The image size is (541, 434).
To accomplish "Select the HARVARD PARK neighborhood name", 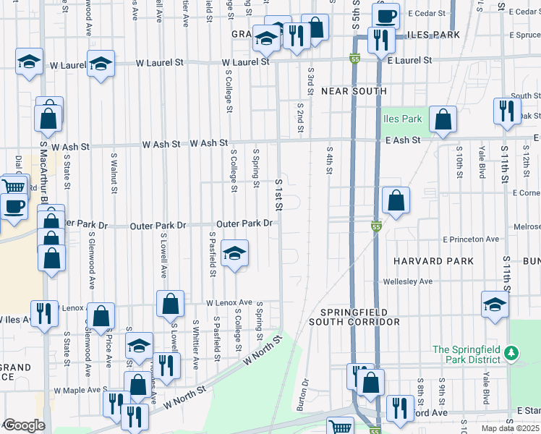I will [x=433, y=260].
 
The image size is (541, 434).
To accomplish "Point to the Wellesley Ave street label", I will [x=408, y=281].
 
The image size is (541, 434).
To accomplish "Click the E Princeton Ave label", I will [x=471, y=239].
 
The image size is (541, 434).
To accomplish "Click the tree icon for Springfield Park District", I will [x=512, y=352].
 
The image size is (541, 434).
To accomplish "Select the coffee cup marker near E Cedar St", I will [x=386, y=15].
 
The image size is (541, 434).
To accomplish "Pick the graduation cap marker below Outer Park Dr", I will [x=234, y=254].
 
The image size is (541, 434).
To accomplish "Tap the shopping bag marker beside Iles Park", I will [x=443, y=119].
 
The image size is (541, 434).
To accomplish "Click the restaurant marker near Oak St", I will [x=507, y=111].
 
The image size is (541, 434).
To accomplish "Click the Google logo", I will [x=24, y=425].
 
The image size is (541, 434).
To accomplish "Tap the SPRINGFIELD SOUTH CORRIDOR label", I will [x=354, y=316].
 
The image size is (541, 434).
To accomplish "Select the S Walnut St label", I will [x=114, y=173].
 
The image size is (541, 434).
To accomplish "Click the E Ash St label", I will [x=402, y=140].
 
